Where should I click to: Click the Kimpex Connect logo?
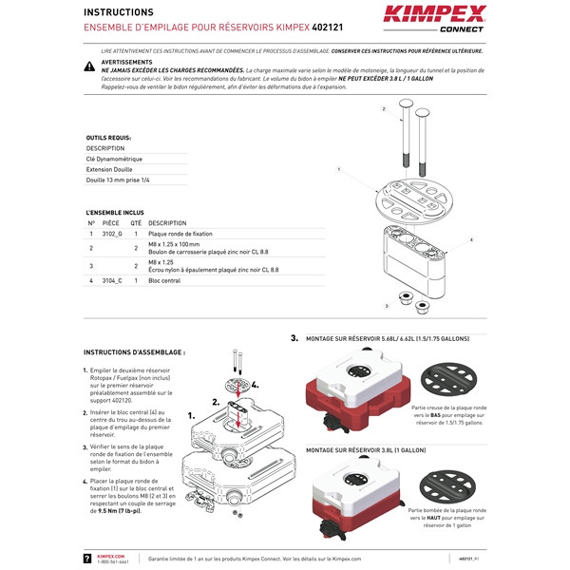click(434, 18)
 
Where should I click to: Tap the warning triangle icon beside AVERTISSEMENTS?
click(89, 66)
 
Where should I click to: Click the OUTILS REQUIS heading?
click(108, 137)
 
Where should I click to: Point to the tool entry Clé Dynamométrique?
click(114, 159)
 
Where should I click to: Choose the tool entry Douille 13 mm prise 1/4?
click(118, 179)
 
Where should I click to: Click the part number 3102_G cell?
click(112, 233)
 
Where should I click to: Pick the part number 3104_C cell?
click(112, 281)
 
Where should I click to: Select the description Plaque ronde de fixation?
click(180, 233)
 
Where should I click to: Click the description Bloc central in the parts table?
click(164, 281)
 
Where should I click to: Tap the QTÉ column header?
click(136, 222)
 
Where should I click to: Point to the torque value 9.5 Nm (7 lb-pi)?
click(117, 510)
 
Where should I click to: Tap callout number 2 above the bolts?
click(384, 109)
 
